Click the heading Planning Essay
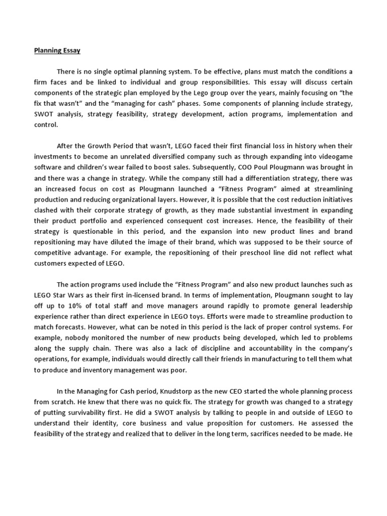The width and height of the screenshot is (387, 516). pos(57,50)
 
